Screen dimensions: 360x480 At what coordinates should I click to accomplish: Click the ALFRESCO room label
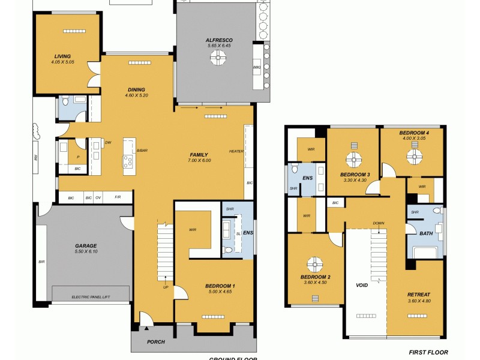(x=218, y=40)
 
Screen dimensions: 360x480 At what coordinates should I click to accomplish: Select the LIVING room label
(x=62, y=56)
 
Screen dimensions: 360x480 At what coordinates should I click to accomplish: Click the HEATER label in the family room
(x=236, y=151)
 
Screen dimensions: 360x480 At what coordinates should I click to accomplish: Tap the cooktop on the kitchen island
(x=128, y=160)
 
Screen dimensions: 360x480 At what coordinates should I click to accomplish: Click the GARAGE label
(x=86, y=245)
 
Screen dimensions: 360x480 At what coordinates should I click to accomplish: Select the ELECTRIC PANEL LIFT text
(x=90, y=296)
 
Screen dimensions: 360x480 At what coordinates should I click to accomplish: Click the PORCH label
(x=155, y=342)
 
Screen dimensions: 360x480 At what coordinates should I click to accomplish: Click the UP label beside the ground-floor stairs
(x=166, y=287)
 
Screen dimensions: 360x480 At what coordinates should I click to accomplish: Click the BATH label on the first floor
(x=427, y=233)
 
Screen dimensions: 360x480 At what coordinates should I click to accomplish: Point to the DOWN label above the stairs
(x=378, y=223)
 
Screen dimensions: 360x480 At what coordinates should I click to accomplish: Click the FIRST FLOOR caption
(x=428, y=352)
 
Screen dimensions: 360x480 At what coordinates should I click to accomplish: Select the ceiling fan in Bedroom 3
(x=355, y=159)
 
